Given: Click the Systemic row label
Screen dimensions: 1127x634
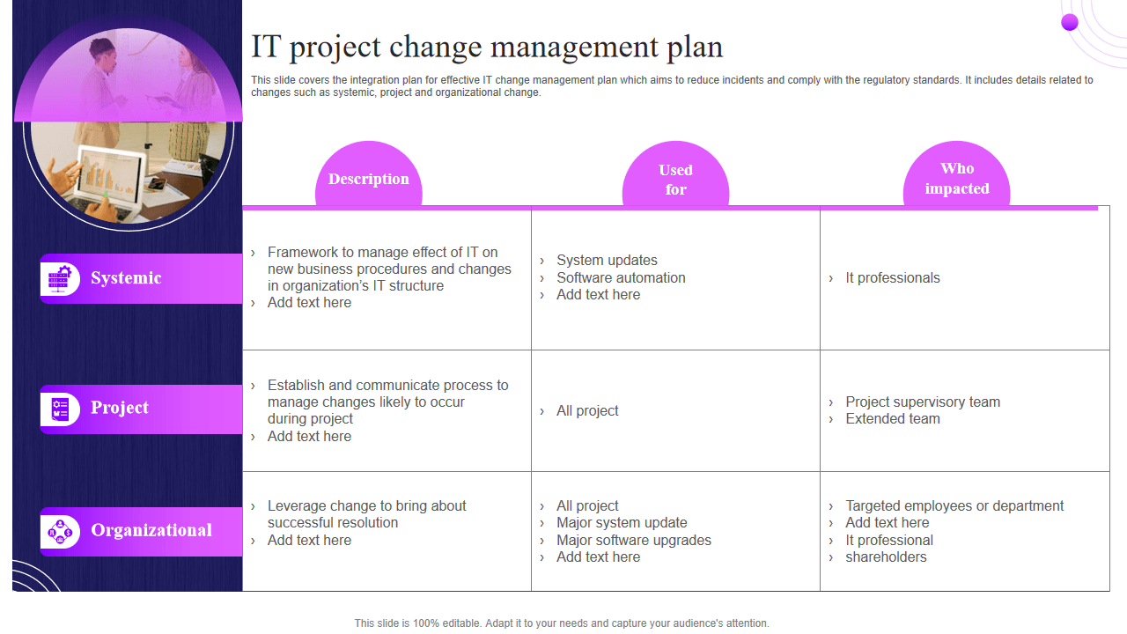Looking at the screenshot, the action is click(x=126, y=277).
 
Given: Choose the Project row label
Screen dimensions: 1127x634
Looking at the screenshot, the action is click(x=120, y=408).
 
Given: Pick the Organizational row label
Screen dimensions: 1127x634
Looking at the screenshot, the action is click(x=151, y=530).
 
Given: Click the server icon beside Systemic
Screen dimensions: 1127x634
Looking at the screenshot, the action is click(x=60, y=278).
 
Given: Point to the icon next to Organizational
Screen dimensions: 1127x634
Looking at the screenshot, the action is click(x=61, y=532).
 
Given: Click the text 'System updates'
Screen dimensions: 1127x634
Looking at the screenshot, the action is click(x=607, y=260).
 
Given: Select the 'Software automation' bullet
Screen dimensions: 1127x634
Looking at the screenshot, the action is click(x=621, y=277).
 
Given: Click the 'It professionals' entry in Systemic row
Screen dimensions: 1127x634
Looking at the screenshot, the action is click(x=893, y=277).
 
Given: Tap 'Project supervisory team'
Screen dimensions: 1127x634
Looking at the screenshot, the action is click(x=923, y=402).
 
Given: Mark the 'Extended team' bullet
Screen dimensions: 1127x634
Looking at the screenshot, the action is click(x=893, y=418).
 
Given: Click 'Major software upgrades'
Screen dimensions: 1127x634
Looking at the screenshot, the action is click(x=634, y=541).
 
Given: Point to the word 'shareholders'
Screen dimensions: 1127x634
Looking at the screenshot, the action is click(x=886, y=557).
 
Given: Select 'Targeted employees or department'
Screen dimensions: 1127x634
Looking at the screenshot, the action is click(x=954, y=505).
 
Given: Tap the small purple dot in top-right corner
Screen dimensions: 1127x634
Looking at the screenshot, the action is click(x=1070, y=22).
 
